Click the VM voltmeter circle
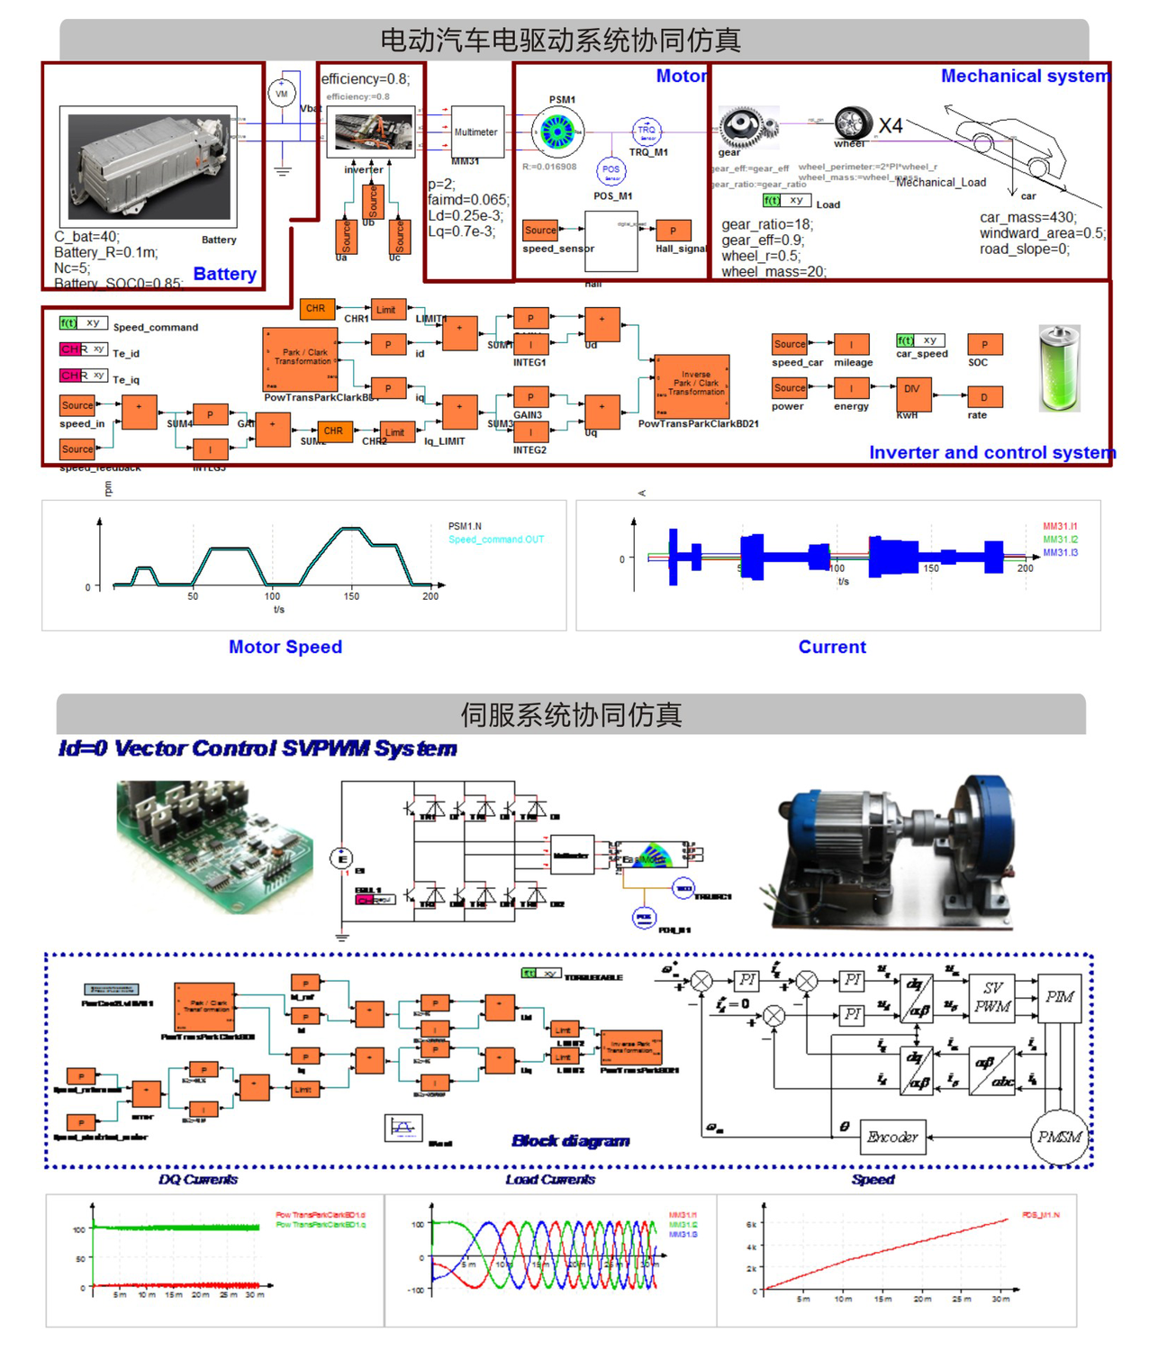tap(282, 93)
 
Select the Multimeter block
tap(475, 131)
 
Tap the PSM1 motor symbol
tap(557, 132)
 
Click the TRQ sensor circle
tap(647, 131)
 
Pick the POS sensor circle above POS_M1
tap(611, 170)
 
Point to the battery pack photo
tap(149, 167)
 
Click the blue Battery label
tap(224, 274)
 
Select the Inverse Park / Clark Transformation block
tap(692, 385)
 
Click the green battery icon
tap(1059, 368)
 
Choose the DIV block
tap(912, 389)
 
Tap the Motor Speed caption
tap(285, 647)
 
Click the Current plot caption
tap(832, 647)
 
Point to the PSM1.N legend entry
tap(465, 526)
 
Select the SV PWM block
tap(992, 997)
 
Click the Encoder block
tap(892, 1137)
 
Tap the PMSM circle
tap(1059, 1137)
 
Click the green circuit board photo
tap(213, 847)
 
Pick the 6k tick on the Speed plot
tap(751, 1224)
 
